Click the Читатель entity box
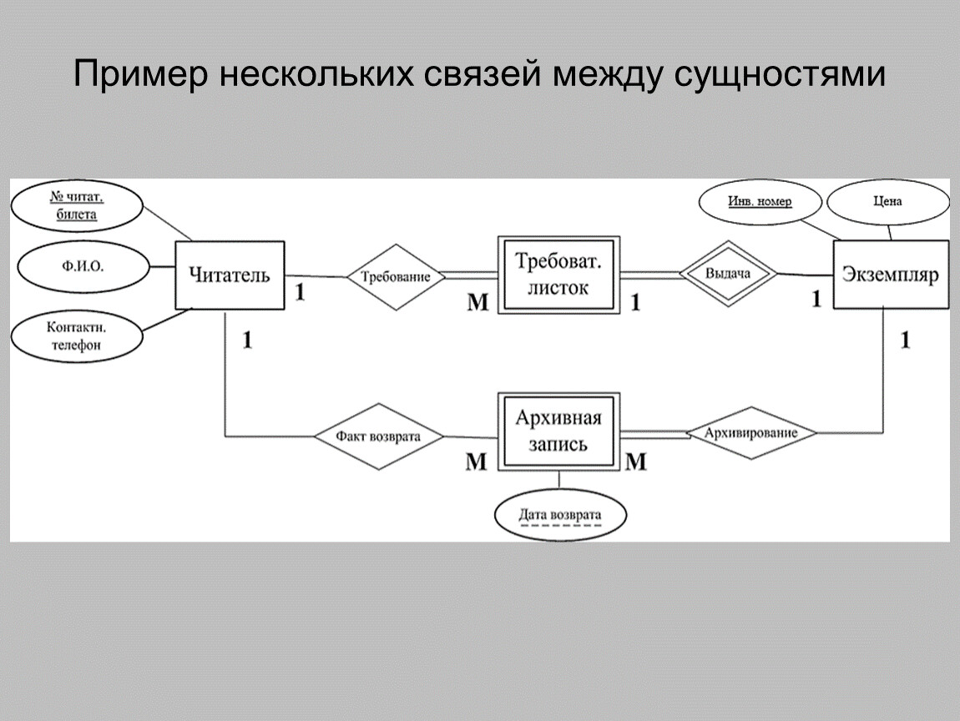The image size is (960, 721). click(x=230, y=275)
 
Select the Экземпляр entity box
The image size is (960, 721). click(x=891, y=275)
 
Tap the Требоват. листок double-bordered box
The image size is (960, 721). click(x=558, y=275)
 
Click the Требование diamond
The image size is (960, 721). click(x=396, y=277)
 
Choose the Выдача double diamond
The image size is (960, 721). click(x=727, y=273)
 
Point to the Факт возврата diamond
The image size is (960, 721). click(x=378, y=436)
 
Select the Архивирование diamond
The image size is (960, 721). click(x=750, y=433)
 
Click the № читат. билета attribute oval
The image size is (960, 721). click(x=78, y=206)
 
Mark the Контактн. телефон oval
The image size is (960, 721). click(x=77, y=335)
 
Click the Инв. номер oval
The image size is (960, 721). click(x=759, y=202)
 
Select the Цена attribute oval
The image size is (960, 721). click(x=887, y=202)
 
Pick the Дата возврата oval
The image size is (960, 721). click(x=559, y=515)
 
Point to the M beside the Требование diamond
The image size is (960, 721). click(x=477, y=303)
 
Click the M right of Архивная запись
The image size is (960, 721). click(x=636, y=461)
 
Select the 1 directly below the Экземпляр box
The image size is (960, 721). click(x=905, y=340)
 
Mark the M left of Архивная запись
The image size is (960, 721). click(x=476, y=461)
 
